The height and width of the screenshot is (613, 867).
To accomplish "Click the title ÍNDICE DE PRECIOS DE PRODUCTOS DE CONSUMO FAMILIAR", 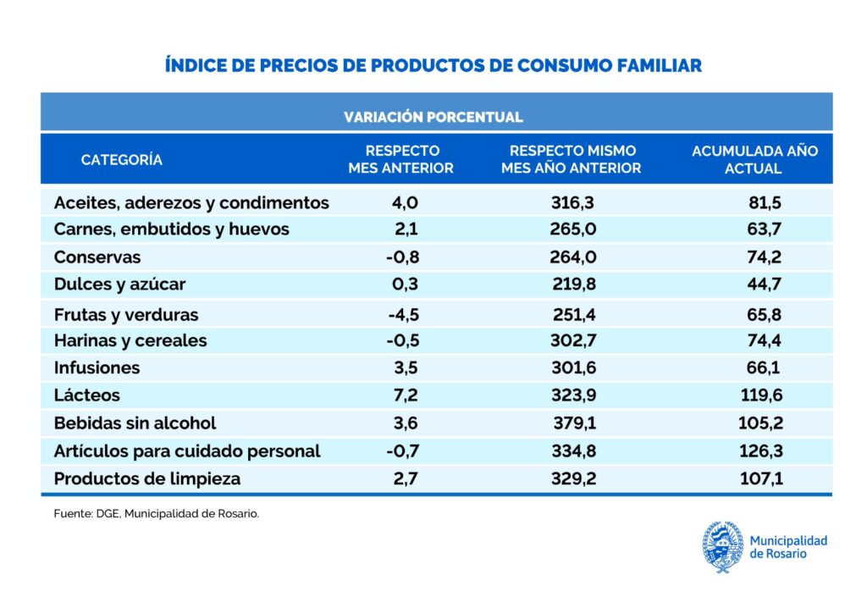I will pyautogui.click(x=433, y=65).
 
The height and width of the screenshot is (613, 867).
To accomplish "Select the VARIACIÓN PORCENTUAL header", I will pyautogui.click(x=433, y=117).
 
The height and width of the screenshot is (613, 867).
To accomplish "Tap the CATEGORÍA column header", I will pyautogui.click(x=122, y=159).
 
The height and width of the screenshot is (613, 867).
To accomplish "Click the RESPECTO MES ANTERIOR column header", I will pyautogui.click(x=400, y=159).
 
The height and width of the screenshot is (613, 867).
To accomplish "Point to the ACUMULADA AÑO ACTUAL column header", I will pyautogui.click(x=754, y=159).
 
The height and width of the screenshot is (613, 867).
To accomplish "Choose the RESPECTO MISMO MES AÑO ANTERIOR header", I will pyautogui.click(x=572, y=159).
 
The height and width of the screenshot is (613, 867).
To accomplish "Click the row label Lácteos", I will pyautogui.click(x=87, y=395).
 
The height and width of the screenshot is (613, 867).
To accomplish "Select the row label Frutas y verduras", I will pyautogui.click(x=126, y=315).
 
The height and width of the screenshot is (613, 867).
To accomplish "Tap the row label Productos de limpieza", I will pyautogui.click(x=147, y=478).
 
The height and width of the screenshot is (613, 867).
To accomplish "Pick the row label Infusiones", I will pyautogui.click(x=97, y=368).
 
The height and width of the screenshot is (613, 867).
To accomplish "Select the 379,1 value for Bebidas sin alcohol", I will pyautogui.click(x=573, y=422).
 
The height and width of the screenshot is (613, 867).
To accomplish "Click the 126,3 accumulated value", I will pyautogui.click(x=761, y=451).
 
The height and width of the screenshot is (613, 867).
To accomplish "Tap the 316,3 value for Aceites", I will pyautogui.click(x=573, y=203).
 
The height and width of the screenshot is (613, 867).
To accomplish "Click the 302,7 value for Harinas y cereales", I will pyautogui.click(x=573, y=341).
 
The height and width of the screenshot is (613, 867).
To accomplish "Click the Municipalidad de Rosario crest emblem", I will pyautogui.click(x=722, y=547).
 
